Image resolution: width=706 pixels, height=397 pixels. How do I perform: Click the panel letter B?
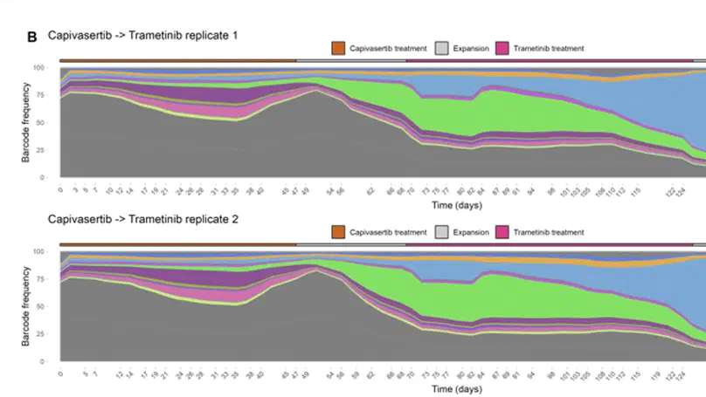click(32, 37)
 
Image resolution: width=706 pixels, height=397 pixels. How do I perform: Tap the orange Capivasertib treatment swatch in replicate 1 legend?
click(339, 48)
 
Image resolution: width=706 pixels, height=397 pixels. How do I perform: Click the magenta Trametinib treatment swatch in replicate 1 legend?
click(502, 48)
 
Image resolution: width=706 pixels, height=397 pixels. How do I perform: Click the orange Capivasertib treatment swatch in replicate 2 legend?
click(339, 232)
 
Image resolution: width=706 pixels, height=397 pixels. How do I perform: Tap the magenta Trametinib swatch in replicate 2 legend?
click(502, 232)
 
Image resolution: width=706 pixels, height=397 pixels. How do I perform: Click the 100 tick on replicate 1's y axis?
click(50, 67)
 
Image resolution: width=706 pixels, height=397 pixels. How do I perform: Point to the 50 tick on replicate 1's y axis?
click(52, 122)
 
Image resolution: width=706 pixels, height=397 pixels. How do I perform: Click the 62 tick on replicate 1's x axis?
click(370, 189)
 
